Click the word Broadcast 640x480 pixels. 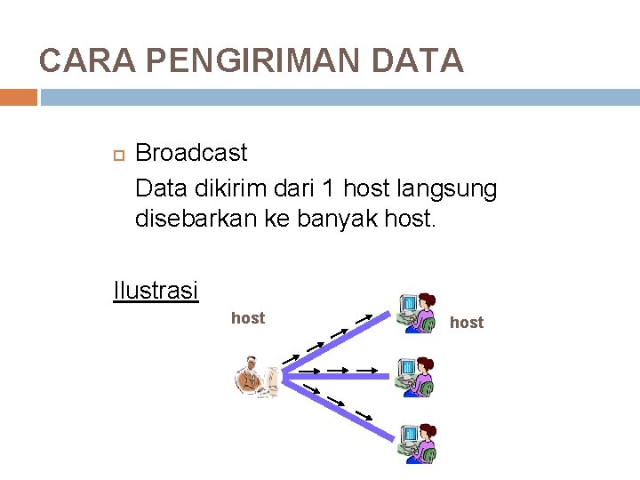click(x=191, y=153)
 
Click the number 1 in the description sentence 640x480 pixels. click(x=328, y=188)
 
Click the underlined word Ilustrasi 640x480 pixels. click(x=156, y=290)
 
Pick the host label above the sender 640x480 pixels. click(x=248, y=318)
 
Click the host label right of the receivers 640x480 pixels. click(x=467, y=323)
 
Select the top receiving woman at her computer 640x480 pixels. click(x=416, y=313)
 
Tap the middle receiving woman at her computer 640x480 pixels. click(x=416, y=375)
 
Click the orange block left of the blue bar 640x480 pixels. click(x=18, y=96)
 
